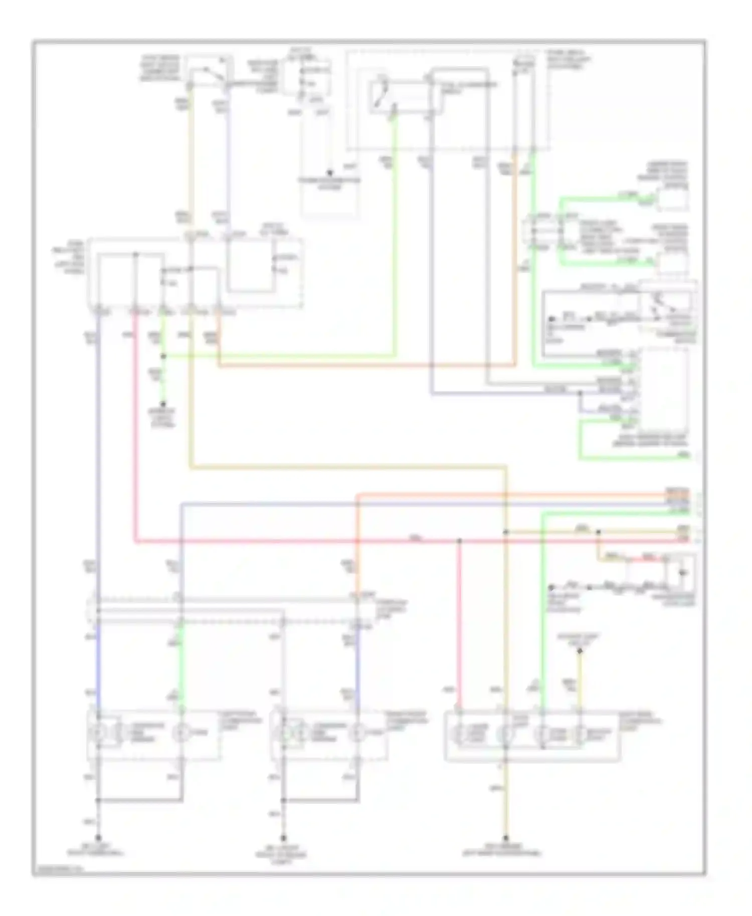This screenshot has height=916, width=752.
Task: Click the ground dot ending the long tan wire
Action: [x=505, y=837]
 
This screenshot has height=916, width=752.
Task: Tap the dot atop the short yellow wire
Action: [x=580, y=651]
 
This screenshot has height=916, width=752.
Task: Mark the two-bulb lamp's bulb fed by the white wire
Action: [x=284, y=733]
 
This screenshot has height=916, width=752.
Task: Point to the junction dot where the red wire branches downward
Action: [x=459, y=541]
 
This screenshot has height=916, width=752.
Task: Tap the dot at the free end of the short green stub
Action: [x=163, y=404]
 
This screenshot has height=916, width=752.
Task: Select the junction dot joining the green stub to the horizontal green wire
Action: [x=163, y=356]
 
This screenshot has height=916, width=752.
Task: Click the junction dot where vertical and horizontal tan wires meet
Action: [x=505, y=532]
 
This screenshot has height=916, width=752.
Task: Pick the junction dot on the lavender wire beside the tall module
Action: [x=580, y=393]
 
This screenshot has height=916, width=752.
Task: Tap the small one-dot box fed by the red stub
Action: [x=680, y=572]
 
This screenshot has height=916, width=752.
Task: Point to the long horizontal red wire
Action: [x=301, y=541]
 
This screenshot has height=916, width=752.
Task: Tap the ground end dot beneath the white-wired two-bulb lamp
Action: [x=284, y=837]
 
